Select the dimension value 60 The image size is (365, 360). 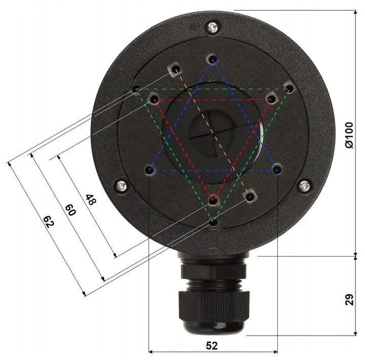click(70, 209)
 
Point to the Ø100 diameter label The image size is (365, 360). click(348, 134)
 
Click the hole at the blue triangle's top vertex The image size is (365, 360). click(212, 60)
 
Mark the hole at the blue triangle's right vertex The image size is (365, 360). click(276, 170)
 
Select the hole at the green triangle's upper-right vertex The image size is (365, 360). click(289, 89)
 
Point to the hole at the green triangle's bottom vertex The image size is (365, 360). click(213, 221)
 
